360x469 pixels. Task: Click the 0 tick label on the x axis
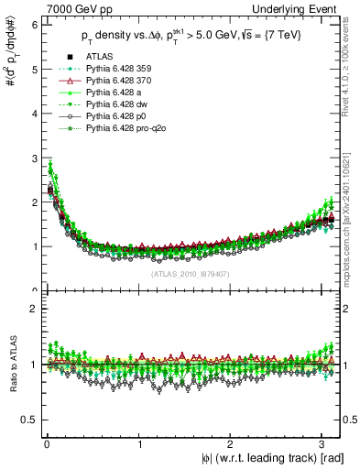pos(46,444)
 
